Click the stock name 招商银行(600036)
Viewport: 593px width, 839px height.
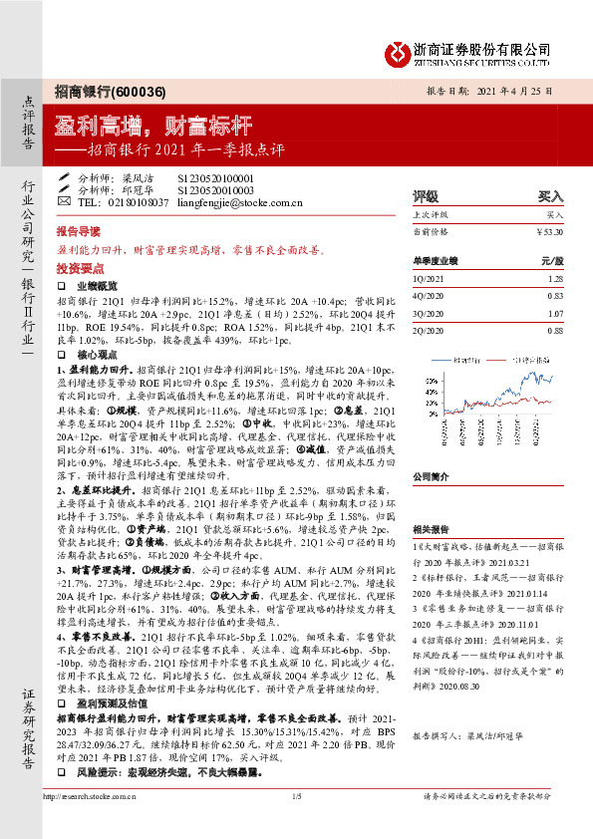pos(95,89)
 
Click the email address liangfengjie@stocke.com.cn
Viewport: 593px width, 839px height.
pos(240,201)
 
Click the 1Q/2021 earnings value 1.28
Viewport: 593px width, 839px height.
pos(555,280)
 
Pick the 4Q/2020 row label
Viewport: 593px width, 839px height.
pos(428,296)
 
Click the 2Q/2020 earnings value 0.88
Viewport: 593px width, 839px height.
pos(555,331)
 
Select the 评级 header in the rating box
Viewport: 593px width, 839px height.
pos(426,196)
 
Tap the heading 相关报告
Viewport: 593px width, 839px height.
pos(430,530)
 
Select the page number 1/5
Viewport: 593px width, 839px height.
pos(296,824)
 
